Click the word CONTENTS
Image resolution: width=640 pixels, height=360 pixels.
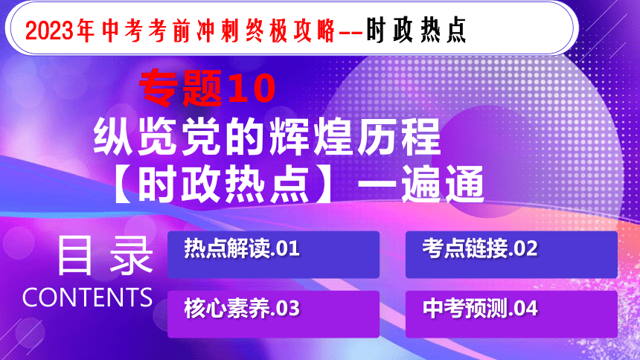(87, 298)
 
